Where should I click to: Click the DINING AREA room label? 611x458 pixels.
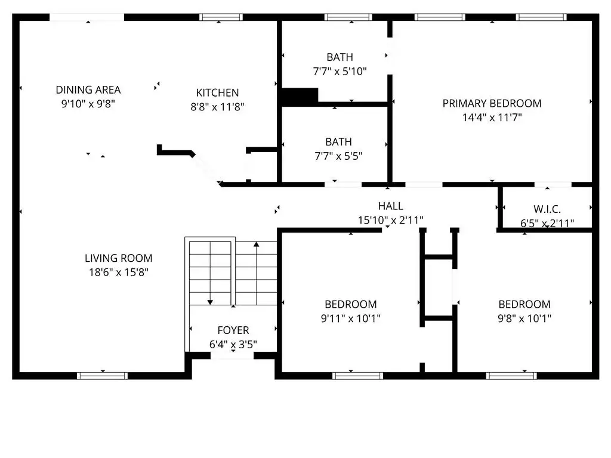pyautogui.click(x=88, y=90)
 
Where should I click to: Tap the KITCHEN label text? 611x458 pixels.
pyautogui.click(x=217, y=92)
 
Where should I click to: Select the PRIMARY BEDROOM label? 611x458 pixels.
pyautogui.click(x=492, y=104)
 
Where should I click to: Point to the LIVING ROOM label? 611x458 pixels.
pyautogui.click(x=119, y=258)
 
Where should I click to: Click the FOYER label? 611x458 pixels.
pyautogui.click(x=233, y=330)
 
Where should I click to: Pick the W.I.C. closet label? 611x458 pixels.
pyautogui.click(x=547, y=209)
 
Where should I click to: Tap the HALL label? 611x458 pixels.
pyautogui.click(x=390, y=206)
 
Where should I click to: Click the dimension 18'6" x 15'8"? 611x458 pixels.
pyautogui.click(x=119, y=272)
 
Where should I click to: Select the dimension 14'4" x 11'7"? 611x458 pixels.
pyautogui.click(x=492, y=117)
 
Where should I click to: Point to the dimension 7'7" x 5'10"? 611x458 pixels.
pyautogui.click(x=340, y=72)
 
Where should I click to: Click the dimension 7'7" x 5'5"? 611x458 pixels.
pyautogui.click(x=338, y=156)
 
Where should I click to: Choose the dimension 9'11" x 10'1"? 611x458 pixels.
pyautogui.click(x=351, y=318)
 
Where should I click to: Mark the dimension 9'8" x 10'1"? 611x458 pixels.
pyautogui.click(x=524, y=318)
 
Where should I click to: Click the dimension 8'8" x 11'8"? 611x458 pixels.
pyautogui.click(x=217, y=107)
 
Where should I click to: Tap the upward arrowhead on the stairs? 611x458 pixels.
pyautogui.click(x=257, y=244)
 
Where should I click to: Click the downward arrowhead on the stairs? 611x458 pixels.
pyautogui.click(x=210, y=302)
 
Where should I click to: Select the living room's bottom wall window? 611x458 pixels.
pyautogui.click(x=102, y=376)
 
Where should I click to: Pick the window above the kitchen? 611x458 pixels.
pyautogui.click(x=221, y=17)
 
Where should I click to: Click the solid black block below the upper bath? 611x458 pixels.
pyautogui.click(x=300, y=97)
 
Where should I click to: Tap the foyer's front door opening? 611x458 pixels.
pyautogui.click(x=232, y=355)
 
